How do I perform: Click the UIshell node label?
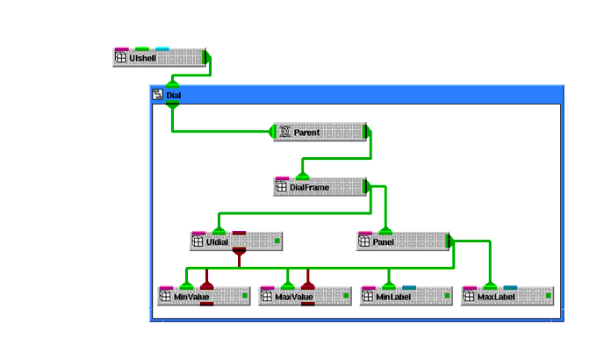click(142, 58)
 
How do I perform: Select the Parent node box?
click(320, 133)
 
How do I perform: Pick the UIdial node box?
click(236, 241)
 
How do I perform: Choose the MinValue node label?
click(192, 297)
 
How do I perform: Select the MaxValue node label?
click(294, 297)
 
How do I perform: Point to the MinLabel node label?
click(393, 297)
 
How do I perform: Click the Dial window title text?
click(173, 95)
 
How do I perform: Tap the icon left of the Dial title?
click(158, 95)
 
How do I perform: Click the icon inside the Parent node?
click(284, 133)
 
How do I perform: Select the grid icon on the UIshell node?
click(121, 58)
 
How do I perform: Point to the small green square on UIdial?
click(277, 241)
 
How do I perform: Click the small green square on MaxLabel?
click(548, 296)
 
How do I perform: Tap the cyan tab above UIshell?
click(162, 49)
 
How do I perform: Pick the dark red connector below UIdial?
click(238, 254)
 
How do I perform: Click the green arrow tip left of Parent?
click(271, 133)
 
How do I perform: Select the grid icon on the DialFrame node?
click(282, 187)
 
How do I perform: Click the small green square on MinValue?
click(245, 296)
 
